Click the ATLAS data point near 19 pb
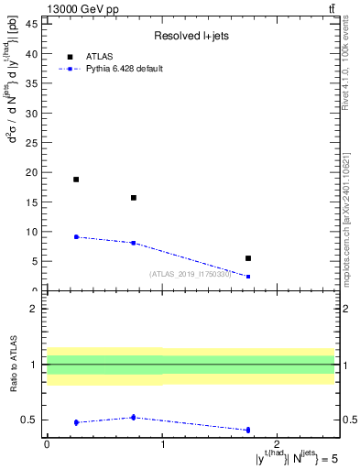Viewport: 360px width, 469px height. (76, 180)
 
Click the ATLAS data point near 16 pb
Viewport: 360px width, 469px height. (134, 198)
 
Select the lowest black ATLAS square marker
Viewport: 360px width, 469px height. (248, 258)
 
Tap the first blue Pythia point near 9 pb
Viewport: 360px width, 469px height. (76, 237)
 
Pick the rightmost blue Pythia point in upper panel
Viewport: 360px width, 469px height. (248, 277)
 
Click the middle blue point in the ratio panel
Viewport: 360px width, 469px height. (134, 417)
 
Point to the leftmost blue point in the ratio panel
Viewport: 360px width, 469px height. (76, 422)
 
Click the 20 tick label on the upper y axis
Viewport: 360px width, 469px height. (34, 172)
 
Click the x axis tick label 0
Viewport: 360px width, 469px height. (47, 445)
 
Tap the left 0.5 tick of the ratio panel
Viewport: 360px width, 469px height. (32, 420)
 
